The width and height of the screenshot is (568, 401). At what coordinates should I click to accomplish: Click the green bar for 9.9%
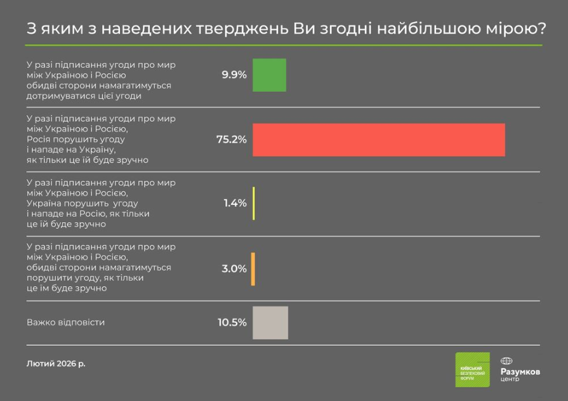pyautogui.click(x=269, y=75)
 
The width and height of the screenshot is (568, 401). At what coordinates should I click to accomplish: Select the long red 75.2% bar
pyautogui.click(x=378, y=140)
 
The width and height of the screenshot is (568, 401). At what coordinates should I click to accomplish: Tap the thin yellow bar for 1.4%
pyautogui.click(x=253, y=203)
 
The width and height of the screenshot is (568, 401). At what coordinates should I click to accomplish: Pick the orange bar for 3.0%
pyautogui.click(x=253, y=268)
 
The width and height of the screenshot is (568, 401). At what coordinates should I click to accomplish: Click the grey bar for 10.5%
pyautogui.click(x=270, y=322)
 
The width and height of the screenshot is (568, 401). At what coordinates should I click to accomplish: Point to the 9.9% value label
pyautogui.click(x=234, y=75)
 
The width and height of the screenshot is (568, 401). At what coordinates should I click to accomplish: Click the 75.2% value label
pyautogui.click(x=232, y=140)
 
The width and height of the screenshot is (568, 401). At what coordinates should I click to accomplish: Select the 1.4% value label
pyautogui.click(x=235, y=204)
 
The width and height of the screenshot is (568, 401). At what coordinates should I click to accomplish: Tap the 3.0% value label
pyautogui.click(x=234, y=268)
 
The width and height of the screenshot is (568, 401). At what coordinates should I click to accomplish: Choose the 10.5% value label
pyautogui.click(x=232, y=322)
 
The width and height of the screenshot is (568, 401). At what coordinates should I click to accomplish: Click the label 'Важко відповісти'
pyautogui.click(x=65, y=322)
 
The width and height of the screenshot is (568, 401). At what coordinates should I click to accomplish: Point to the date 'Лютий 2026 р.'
pyautogui.click(x=56, y=364)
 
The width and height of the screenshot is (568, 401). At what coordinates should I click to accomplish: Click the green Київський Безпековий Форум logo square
pyautogui.click(x=472, y=369)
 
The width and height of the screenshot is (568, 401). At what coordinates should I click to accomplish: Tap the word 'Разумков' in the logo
pyautogui.click(x=520, y=371)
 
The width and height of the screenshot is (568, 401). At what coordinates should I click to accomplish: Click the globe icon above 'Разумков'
pyautogui.click(x=506, y=360)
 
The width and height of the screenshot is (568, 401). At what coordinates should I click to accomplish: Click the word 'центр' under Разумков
pyautogui.click(x=510, y=379)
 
